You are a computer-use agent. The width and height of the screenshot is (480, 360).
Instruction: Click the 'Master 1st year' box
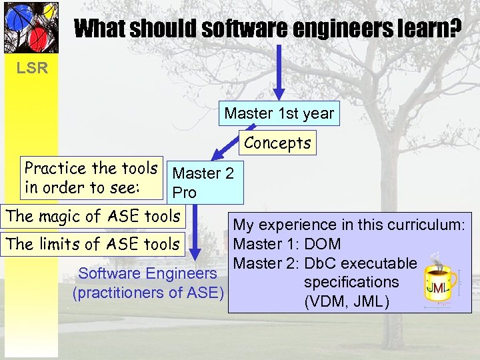click(279, 113)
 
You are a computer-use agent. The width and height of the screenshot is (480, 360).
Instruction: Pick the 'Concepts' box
click(277, 143)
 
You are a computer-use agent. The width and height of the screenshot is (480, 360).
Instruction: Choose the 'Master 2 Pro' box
click(204, 183)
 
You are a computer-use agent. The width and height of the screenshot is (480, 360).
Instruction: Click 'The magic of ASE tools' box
click(93, 216)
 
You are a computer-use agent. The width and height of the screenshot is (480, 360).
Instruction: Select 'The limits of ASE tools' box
click(93, 244)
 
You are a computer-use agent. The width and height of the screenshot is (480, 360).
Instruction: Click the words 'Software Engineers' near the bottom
click(148, 273)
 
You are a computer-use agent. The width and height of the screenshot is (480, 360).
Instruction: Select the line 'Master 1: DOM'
click(287, 245)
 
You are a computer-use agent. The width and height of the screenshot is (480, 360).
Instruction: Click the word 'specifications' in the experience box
click(351, 282)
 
